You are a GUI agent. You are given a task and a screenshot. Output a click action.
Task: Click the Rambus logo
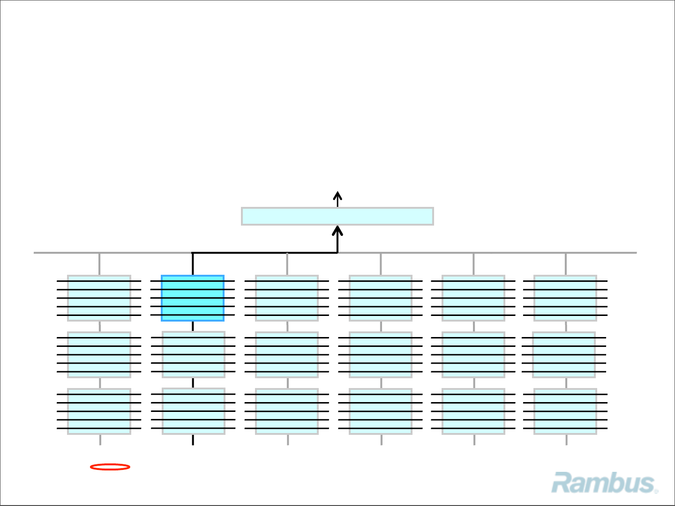[604, 483]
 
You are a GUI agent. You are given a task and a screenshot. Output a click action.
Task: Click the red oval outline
[110, 467]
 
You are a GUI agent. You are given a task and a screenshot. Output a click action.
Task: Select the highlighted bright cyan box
[193, 298]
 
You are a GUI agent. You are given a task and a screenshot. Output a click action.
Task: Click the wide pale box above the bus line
[337, 216]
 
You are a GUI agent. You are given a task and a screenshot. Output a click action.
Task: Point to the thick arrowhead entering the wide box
[337, 231]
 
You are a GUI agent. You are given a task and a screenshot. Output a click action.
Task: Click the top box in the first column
[99, 298]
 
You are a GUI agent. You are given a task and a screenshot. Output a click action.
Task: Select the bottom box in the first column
[99, 411]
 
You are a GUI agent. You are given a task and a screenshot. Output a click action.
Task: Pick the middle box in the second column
[193, 354]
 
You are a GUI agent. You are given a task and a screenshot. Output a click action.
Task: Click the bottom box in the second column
[193, 411]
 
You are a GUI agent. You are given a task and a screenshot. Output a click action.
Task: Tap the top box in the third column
[287, 298]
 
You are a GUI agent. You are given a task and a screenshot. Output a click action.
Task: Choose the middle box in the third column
[287, 355]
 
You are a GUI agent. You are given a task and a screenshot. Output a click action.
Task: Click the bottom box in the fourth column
[381, 411]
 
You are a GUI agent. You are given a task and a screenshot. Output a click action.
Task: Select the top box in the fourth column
[381, 298]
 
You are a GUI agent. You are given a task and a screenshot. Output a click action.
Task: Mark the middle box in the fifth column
[473, 355]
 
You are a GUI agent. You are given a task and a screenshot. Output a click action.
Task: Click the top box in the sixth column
[565, 298]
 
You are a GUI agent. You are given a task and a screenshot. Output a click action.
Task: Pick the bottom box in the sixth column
[565, 411]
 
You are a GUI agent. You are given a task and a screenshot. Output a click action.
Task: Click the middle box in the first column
[99, 355]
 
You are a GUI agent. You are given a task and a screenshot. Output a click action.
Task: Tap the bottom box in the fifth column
[473, 411]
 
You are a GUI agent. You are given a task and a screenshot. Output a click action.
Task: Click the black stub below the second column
[193, 440]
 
